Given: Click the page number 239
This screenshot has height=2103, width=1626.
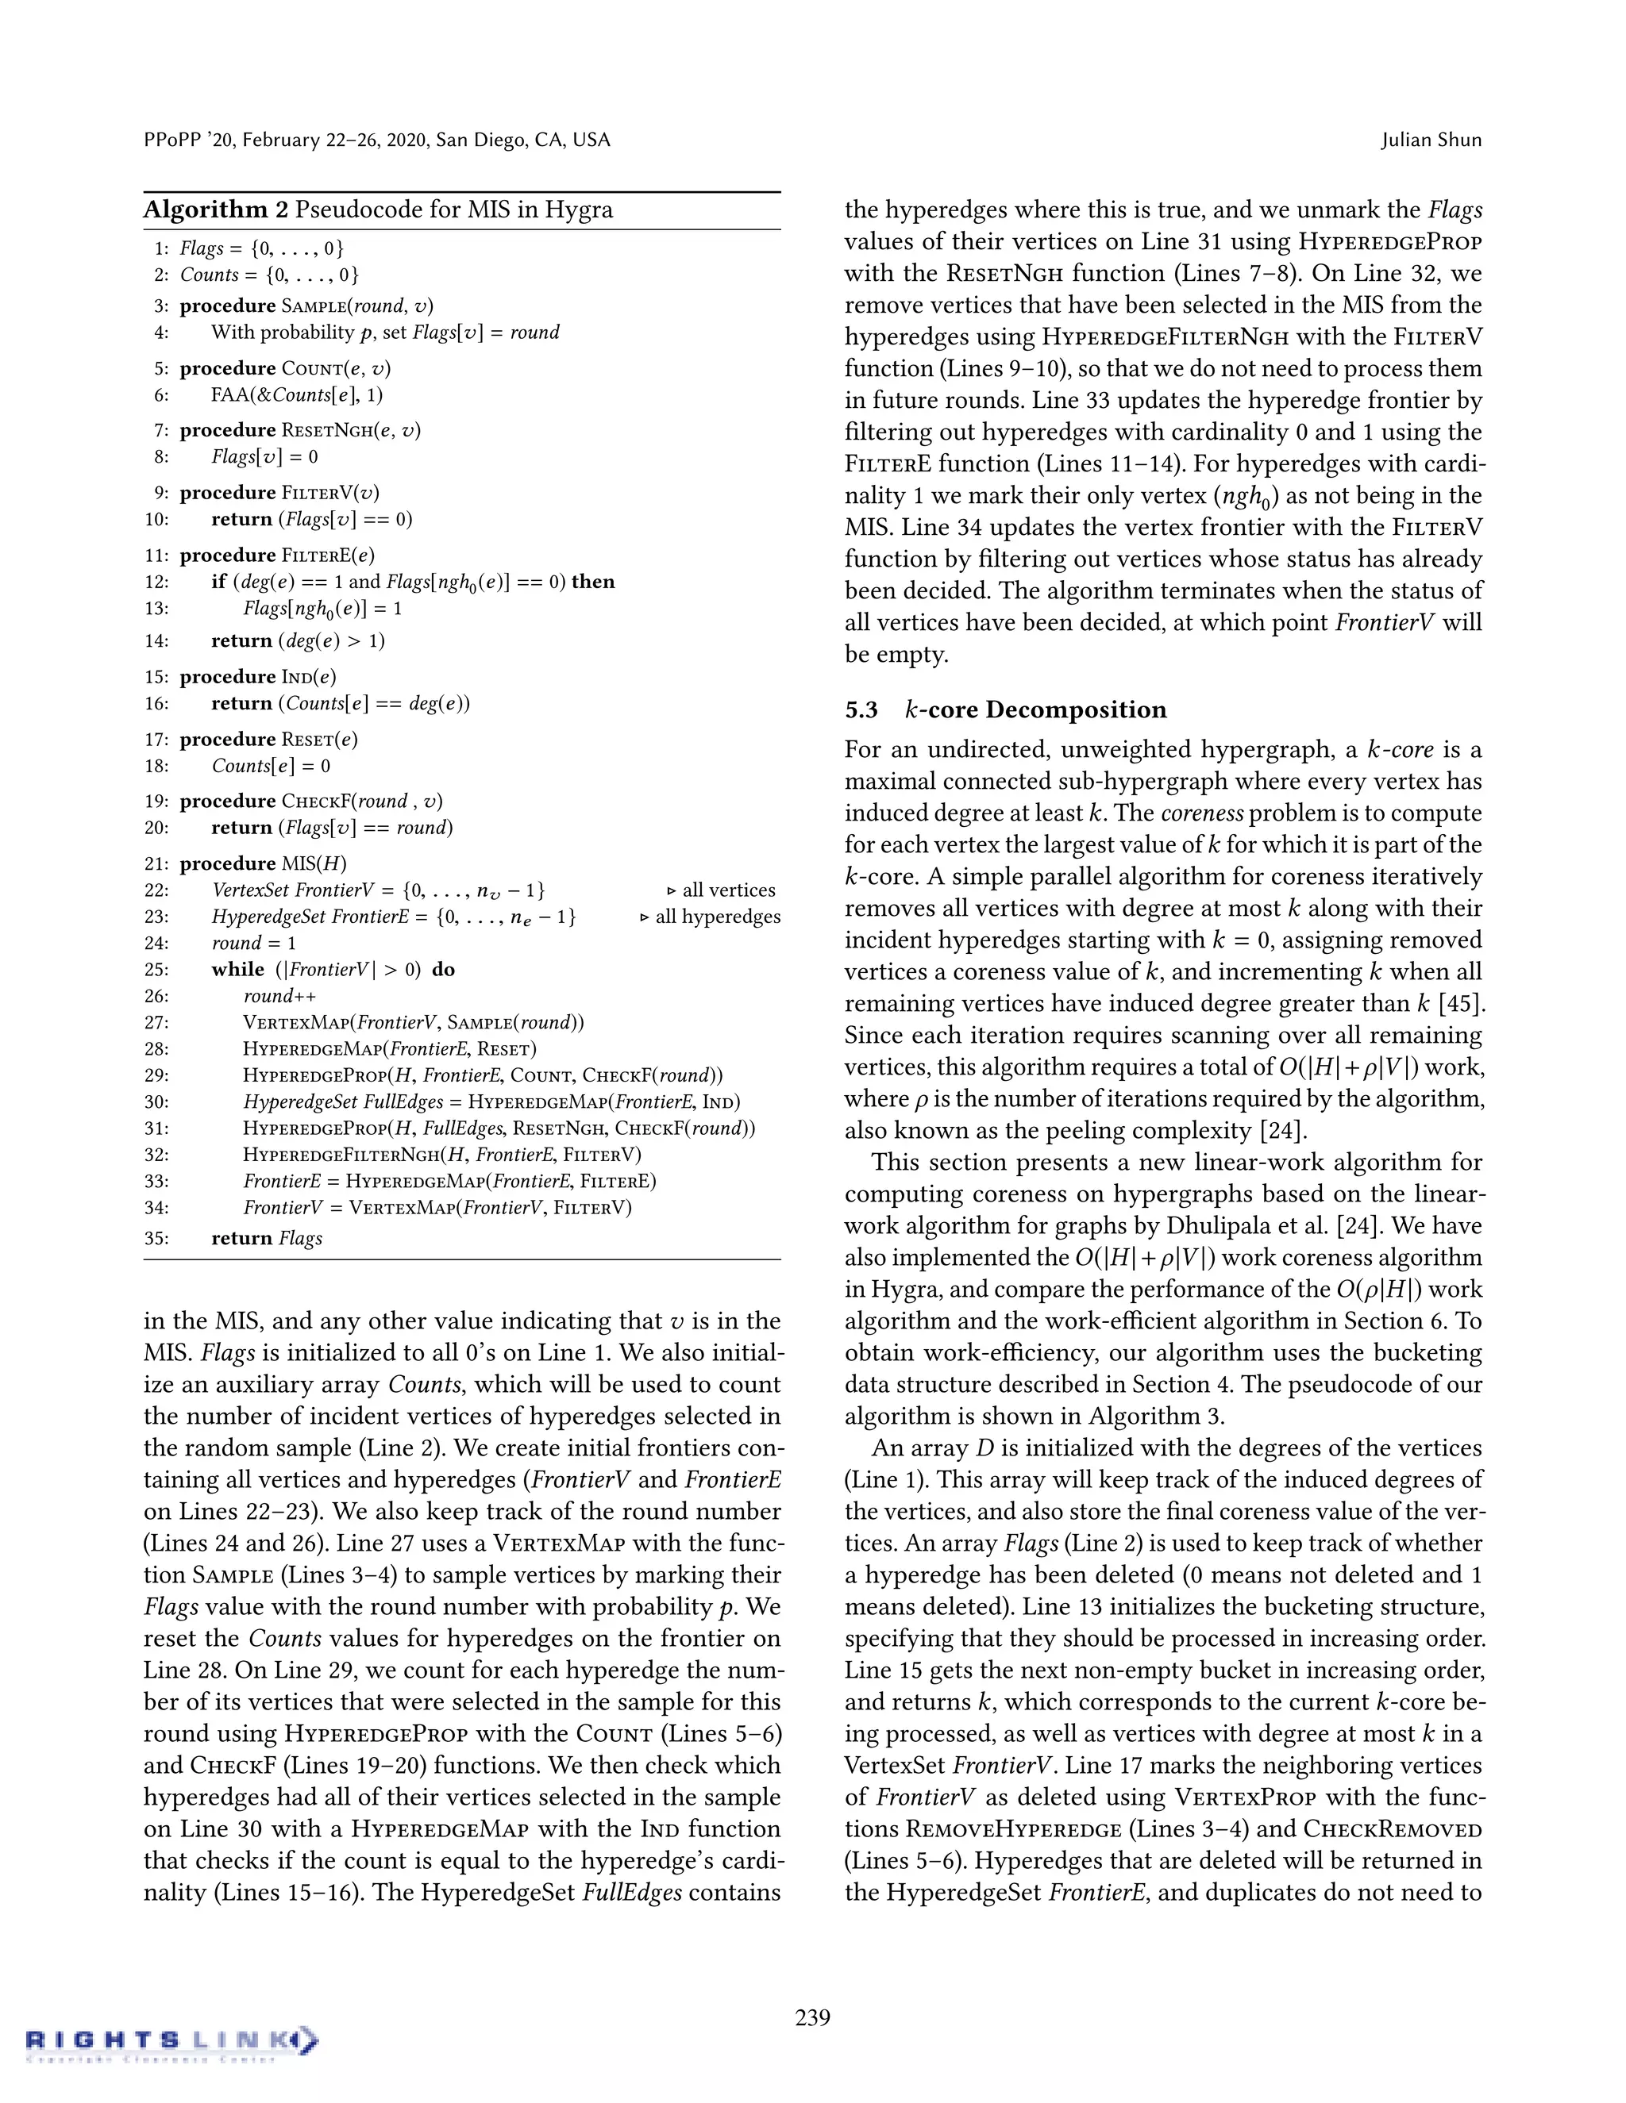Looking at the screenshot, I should tap(812, 2017).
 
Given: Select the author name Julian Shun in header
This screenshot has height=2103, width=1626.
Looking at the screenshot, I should tap(1431, 140).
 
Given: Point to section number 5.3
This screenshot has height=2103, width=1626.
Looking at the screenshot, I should tap(861, 710).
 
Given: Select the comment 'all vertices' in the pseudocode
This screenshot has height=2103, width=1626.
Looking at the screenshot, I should tap(728, 890).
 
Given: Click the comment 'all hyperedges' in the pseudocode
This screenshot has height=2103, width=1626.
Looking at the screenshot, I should tap(718, 917).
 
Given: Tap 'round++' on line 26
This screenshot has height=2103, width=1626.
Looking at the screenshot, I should tap(279, 997).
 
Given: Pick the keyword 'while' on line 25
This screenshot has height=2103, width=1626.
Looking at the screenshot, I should tap(237, 970).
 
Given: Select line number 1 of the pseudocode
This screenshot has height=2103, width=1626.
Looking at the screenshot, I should tap(161, 248).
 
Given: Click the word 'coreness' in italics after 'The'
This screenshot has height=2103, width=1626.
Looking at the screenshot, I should tap(1201, 813).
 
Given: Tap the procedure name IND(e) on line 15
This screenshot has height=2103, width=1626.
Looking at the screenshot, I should tap(308, 677).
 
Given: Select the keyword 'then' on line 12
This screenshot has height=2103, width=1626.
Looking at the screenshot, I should tap(592, 582).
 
